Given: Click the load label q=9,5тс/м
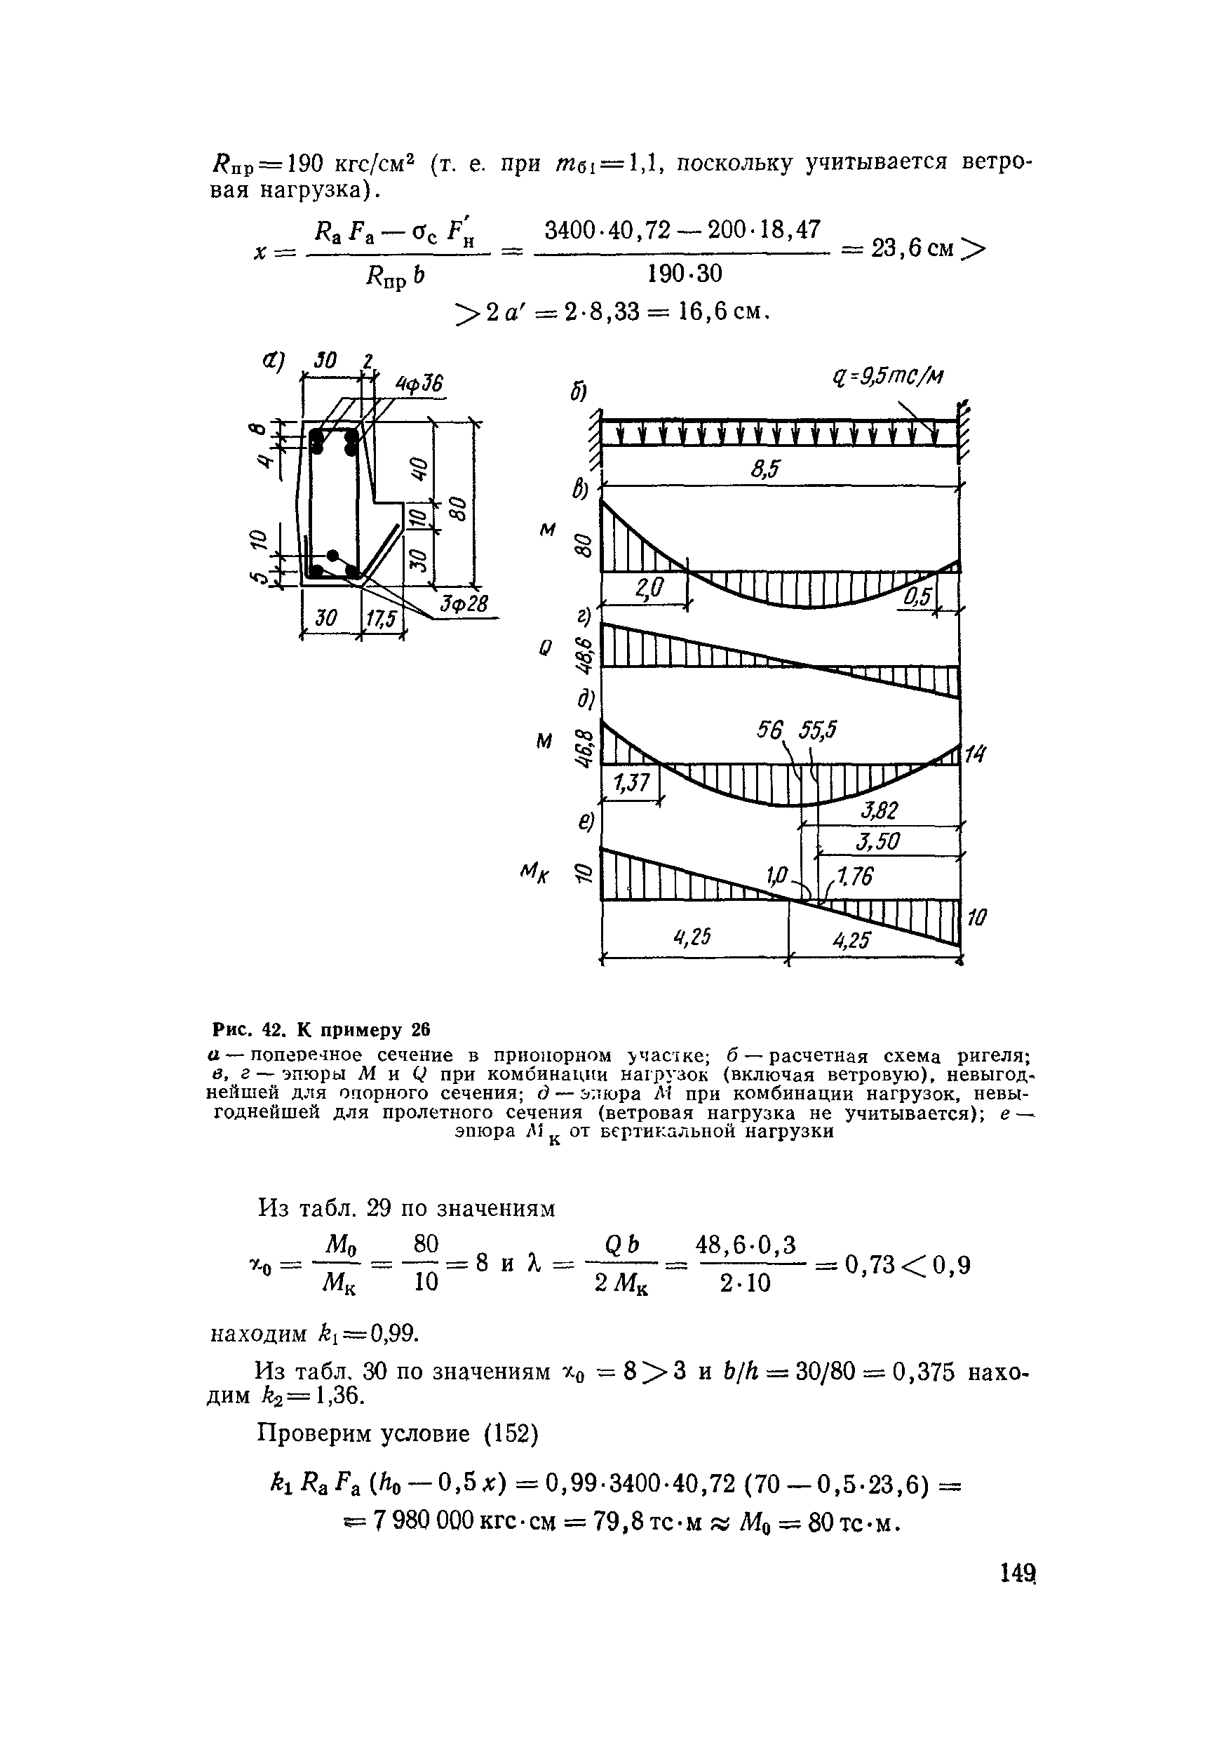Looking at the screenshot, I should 887,376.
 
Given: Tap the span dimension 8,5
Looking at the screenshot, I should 765,471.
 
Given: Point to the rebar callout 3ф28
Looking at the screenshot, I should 464,604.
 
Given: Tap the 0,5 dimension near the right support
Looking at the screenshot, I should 917,598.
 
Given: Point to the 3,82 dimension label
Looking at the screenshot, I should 879,812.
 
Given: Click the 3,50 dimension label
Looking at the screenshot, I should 877,842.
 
